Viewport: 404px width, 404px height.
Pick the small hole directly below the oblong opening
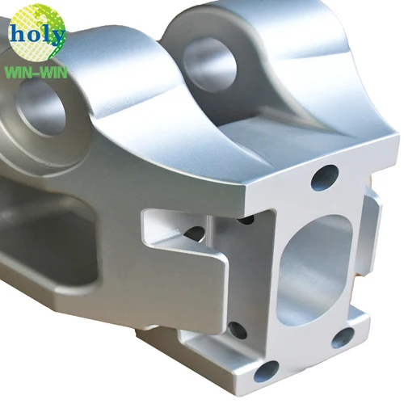(x=343, y=337)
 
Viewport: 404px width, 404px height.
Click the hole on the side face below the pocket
(x=236, y=329)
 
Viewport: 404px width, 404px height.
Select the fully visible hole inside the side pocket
(x=195, y=234)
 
